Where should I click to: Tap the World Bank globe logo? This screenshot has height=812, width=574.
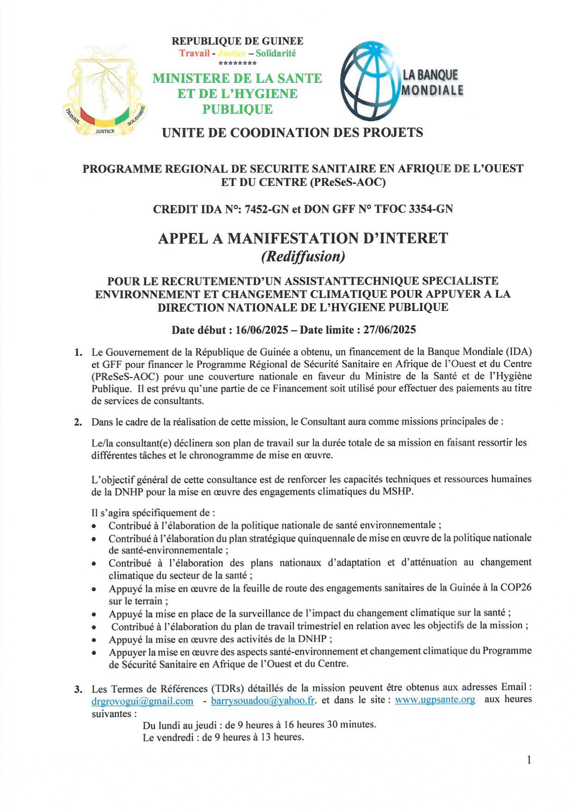click(370, 81)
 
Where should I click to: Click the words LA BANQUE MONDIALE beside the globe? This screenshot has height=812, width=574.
click(431, 82)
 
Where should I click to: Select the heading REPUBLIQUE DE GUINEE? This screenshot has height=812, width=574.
click(237, 41)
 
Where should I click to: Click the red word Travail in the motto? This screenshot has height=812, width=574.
click(194, 53)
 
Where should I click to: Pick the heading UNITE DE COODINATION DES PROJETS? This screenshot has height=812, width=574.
click(293, 133)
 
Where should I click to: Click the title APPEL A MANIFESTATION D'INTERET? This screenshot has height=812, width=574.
click(303, 238)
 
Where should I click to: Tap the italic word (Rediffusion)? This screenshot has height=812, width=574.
click(303, 256)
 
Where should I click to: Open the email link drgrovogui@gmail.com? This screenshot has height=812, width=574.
click(143, 701)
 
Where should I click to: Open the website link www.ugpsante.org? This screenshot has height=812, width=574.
click(435, 700)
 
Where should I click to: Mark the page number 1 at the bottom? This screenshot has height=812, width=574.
click(529, 760)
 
